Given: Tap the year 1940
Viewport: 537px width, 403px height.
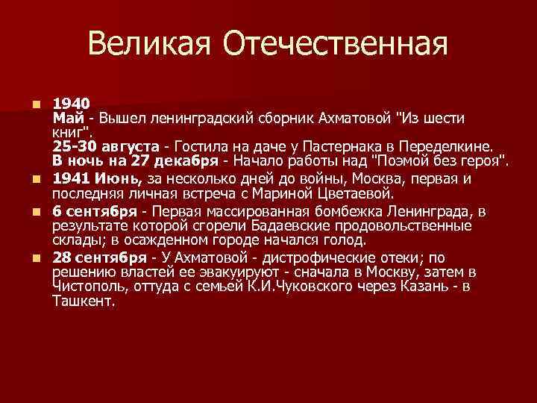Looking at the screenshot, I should [x=72, y=103].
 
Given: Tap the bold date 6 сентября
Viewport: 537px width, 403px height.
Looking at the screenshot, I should [x=95, y=211].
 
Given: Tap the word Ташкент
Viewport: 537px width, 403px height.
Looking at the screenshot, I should [x=83, y=302].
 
